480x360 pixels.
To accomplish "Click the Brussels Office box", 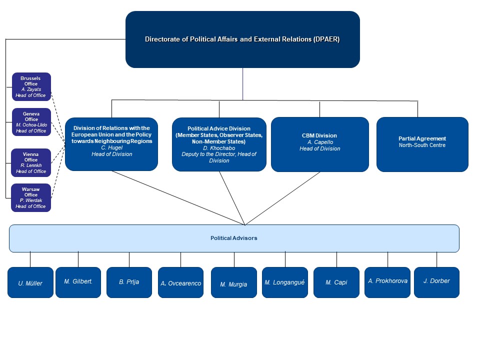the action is [31, 86].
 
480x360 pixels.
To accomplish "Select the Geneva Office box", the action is [31, 122].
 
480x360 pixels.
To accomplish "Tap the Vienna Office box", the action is [31, 163].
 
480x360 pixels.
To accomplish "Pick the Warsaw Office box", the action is [31, 198].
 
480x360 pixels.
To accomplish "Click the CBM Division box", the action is [320, 144].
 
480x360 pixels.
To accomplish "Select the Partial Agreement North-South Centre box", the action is [422, 144].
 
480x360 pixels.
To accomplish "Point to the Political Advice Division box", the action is [219, 144].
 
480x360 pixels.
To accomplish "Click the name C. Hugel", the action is [111, 147].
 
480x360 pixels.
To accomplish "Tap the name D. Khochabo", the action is [219, 148].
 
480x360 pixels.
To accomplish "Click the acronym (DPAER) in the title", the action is [326, 39].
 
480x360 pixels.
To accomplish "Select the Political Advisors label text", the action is [234, 238].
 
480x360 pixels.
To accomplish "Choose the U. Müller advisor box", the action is [30, 282].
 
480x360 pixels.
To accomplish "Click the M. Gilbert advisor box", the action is [78, 282].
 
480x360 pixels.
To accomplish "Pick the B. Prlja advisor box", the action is [129, 282].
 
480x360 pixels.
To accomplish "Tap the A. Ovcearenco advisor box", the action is [180, 282].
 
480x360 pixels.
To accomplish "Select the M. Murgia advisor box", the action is [234, 282].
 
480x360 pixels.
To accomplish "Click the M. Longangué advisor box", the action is [285, 282].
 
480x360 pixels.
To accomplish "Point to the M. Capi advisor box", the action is [336, 282].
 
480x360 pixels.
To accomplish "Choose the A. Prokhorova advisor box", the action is [387, 282].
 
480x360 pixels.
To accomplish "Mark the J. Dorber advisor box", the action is [437, 282].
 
